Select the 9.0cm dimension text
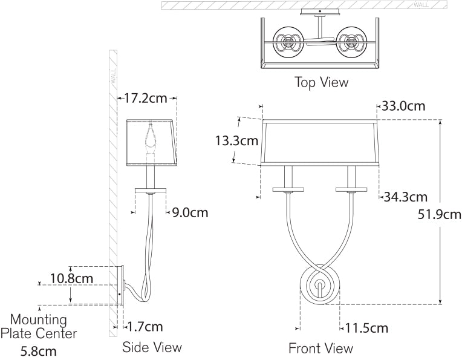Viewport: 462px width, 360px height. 190,212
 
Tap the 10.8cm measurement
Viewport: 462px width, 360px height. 71,279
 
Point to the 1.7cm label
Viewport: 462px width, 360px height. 145,327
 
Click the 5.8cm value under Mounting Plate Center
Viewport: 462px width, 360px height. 39,350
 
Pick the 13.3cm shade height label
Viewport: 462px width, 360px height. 237,142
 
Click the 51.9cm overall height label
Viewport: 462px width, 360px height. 439,214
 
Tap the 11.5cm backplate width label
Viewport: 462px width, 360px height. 366,329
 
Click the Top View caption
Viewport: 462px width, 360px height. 321,82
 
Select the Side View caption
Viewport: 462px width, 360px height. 152,347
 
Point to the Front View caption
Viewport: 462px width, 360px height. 320,348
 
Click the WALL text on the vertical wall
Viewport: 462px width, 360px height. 112,77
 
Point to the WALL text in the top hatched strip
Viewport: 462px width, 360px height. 421,5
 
